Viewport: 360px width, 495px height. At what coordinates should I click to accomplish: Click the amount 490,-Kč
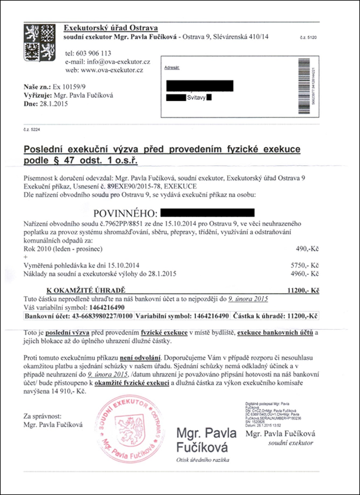pos(307,249)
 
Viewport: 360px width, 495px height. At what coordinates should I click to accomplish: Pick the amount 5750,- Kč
pos(306,265)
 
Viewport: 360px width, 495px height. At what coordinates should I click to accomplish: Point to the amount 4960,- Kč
pos(306,274)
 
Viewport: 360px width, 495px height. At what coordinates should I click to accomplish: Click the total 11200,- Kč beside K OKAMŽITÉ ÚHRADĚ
pos(302,290)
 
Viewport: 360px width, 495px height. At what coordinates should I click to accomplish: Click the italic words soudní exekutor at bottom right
pos(290,442)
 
